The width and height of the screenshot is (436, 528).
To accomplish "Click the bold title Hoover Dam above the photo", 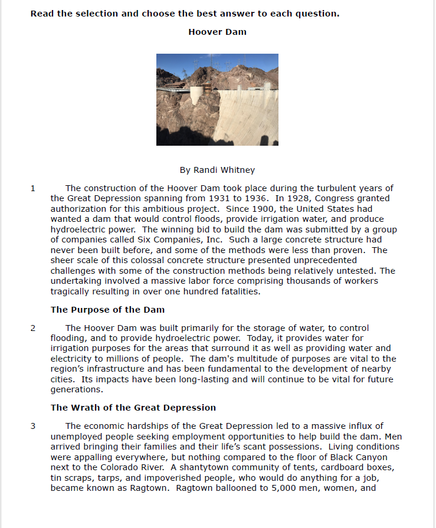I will point(217,32).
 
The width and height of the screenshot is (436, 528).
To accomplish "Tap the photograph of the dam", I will point(217,99).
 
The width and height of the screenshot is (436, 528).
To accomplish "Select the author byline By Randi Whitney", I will point(217,170).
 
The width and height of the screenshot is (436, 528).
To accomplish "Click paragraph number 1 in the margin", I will point(33,189).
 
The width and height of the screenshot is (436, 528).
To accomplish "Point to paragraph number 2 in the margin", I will point(33,328).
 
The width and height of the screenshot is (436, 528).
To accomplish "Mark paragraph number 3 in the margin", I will point(33,426).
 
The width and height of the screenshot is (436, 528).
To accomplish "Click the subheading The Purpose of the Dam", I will point(107,310).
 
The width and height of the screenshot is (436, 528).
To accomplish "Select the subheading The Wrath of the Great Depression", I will point(133,408).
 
